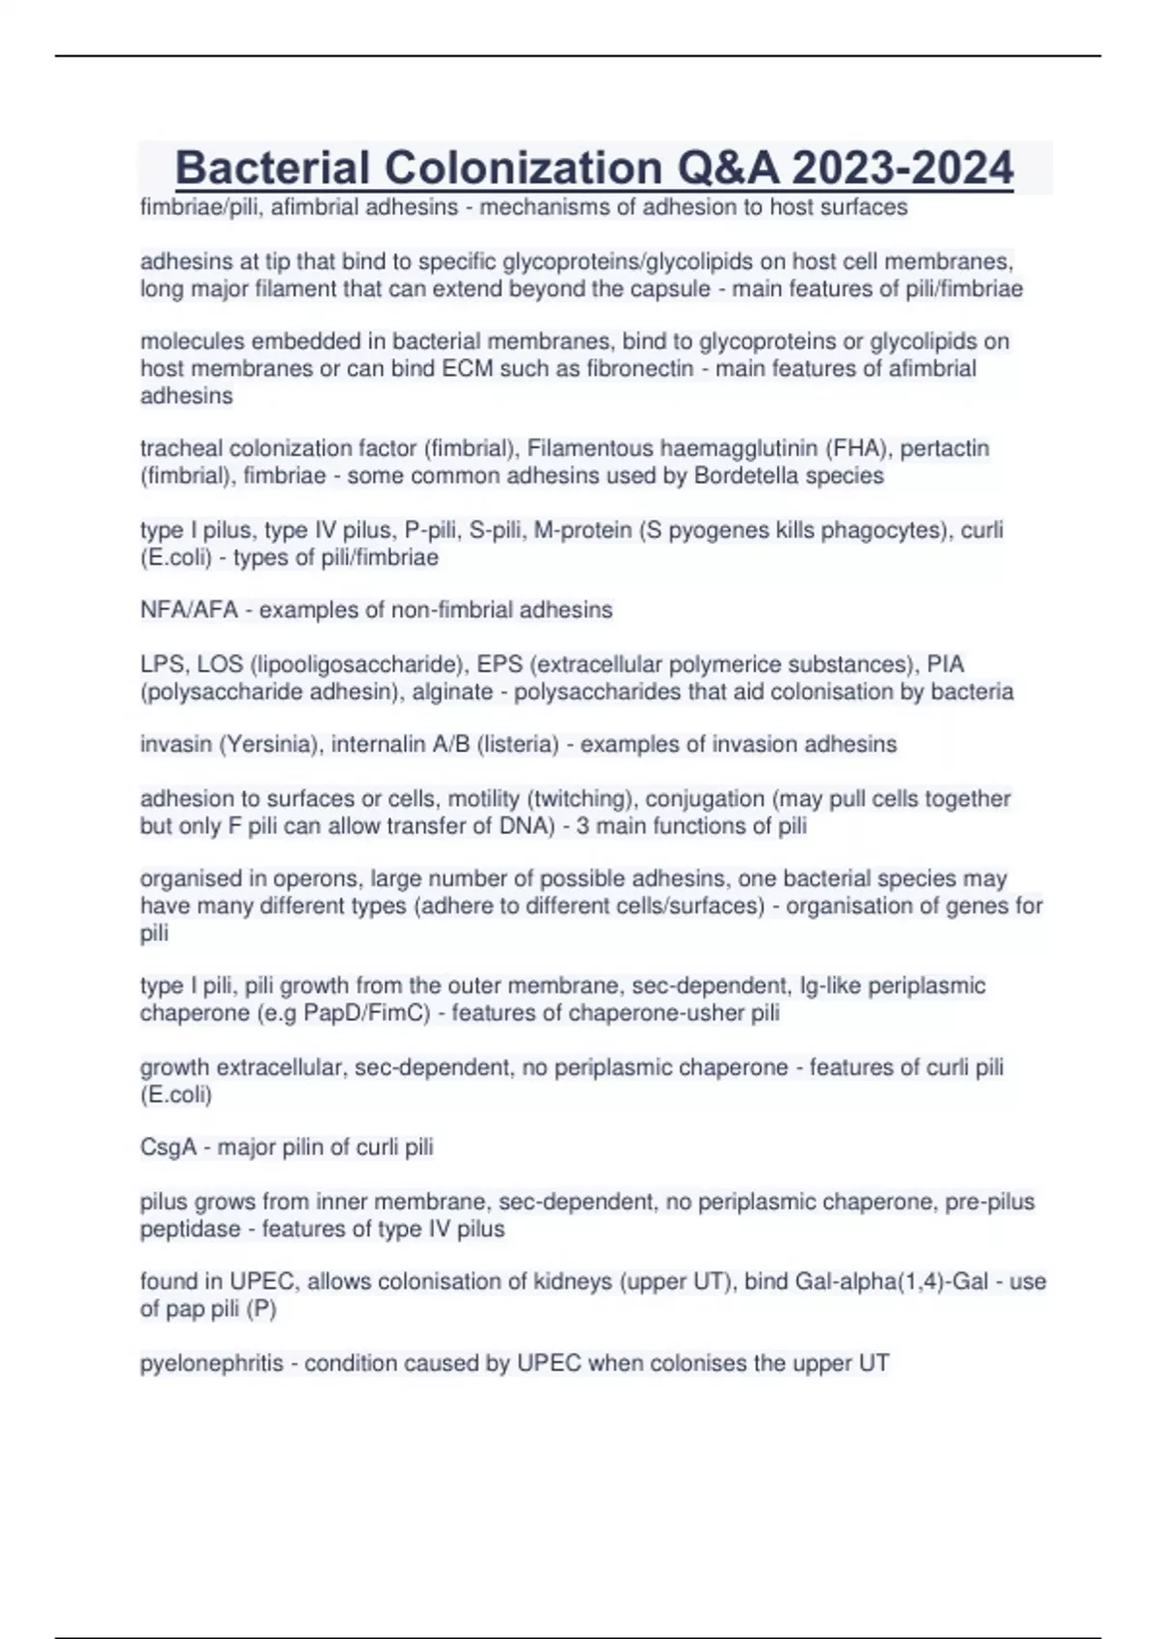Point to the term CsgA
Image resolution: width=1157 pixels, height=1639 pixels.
[x=168, y=1147]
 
